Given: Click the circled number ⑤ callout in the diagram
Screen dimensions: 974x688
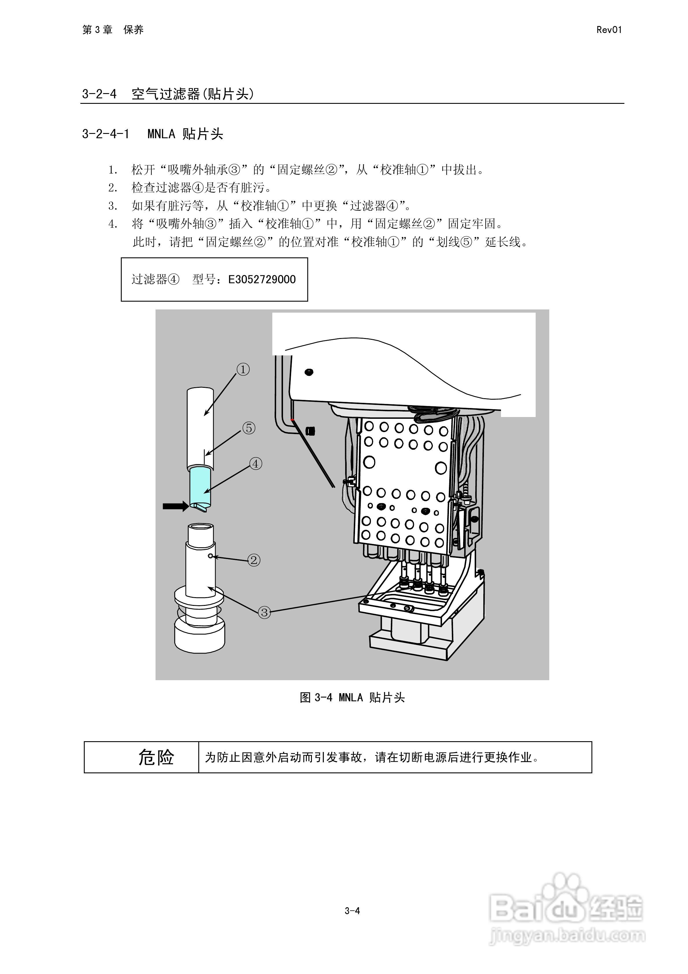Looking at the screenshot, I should (249, 428).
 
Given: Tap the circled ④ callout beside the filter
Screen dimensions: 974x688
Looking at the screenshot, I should (255, 464).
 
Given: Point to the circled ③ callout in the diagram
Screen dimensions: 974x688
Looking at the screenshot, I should (264, 612).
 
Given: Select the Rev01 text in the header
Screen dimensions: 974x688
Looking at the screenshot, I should (609, 30).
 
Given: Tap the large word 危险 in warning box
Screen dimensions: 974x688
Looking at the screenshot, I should (156, 757).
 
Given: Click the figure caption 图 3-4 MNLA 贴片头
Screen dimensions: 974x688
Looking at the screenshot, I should (352, 698).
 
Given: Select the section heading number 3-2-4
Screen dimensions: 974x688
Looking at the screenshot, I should (99, 94).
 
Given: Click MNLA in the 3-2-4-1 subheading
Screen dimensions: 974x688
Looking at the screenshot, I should (161, 134).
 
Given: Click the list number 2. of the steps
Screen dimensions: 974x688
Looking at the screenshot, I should (112, 187).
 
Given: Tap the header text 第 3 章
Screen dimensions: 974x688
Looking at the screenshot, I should (97, 30).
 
